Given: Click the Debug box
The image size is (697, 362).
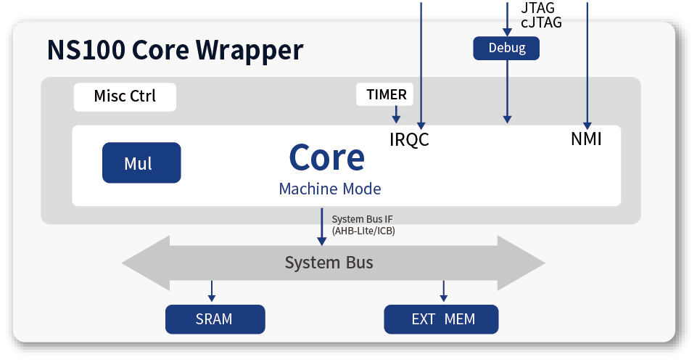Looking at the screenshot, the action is pos(506,48).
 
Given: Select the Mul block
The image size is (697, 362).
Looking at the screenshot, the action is pos(141,163).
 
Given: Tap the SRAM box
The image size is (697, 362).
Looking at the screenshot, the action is pos(215,319).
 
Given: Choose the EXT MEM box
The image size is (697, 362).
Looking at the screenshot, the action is pos(441,319).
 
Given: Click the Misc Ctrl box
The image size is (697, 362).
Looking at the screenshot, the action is pos(125,97).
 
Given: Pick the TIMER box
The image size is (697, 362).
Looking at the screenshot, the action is pos(384,94).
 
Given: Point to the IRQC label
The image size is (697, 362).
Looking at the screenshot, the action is pos(409,139).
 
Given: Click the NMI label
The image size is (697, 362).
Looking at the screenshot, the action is pos(586,139).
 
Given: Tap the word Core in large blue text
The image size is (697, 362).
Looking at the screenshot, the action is pos(326,157).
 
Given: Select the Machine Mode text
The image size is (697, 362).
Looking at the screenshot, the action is pos(330,189).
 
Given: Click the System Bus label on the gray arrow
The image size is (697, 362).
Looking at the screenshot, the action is pos(329,263).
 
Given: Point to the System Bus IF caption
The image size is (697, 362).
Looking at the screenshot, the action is pos(362,219).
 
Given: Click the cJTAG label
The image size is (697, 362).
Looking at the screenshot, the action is pos(541,22).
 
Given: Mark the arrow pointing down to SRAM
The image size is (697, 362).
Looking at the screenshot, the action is pos(212,292).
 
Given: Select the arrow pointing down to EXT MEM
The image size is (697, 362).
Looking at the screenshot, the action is pos(443,292).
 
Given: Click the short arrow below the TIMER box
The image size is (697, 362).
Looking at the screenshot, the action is pos(396,115).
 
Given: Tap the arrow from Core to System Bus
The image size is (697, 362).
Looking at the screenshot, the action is pos(322,227).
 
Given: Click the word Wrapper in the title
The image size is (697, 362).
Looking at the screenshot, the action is pos(249,51).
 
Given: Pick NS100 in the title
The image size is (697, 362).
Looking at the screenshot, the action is pos(86,50).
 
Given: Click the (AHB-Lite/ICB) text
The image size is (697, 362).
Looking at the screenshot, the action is pos(363,231).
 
